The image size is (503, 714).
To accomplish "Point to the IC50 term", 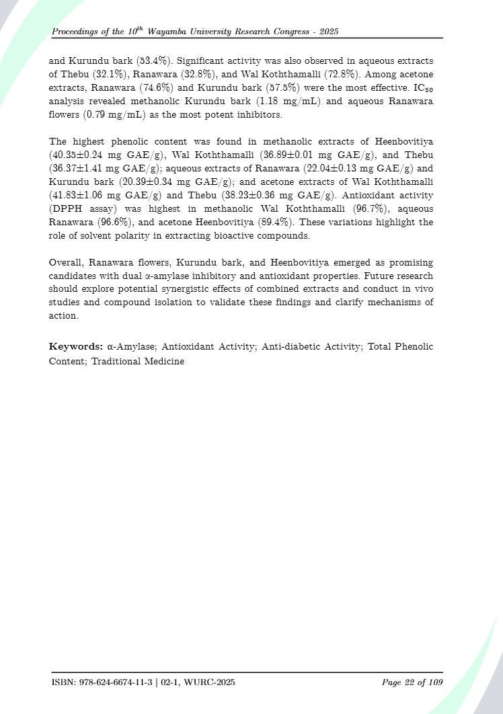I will (x=422, y=88).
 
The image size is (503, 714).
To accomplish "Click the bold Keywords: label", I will (x=76, y=346).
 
